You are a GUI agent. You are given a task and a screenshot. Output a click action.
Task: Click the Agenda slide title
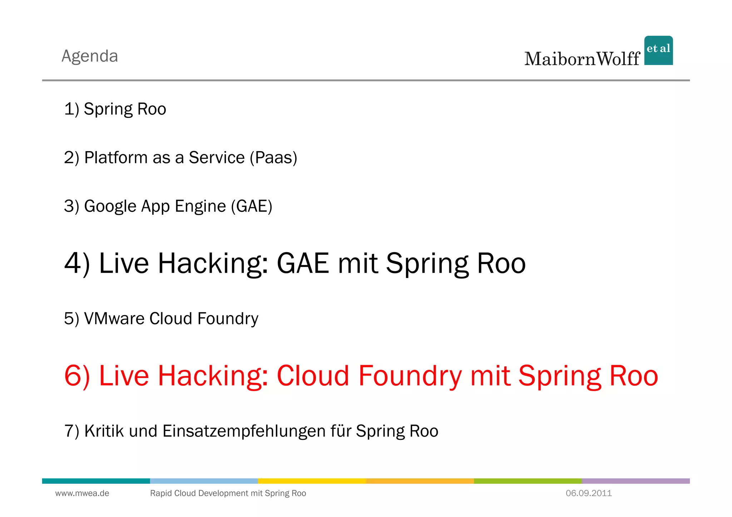(x=90, y=56)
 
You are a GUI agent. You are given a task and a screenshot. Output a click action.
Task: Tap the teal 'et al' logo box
(x=658, y=50)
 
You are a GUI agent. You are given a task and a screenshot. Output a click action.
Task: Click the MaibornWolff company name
(x=582, y=59)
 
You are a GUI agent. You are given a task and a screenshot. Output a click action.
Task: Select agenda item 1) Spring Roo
(x=115, y=109)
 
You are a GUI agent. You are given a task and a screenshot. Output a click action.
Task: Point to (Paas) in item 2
(x=273, y=158)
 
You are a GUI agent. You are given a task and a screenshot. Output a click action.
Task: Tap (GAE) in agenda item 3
(x=252, y=207)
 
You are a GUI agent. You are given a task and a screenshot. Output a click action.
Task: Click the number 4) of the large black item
(x=77, y=263)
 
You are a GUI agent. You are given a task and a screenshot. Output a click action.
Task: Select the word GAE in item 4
(x=303, y=263)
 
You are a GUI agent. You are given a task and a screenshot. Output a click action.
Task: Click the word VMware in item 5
(x=114, y=318)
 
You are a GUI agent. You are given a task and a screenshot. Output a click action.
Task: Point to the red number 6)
(x=77, y=376)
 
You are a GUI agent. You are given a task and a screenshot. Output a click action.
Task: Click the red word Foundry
(x=410, y=376)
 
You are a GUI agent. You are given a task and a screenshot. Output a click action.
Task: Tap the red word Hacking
(x=213, y=376)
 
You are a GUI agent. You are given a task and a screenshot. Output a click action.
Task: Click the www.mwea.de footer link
(x=82, y=493)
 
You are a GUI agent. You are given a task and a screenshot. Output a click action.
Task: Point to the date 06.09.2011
(x=589, y=493)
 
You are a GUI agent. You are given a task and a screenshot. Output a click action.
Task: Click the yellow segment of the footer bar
(x=312, y=481)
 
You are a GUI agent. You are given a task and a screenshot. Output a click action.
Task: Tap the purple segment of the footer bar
(x=635, y=481)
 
